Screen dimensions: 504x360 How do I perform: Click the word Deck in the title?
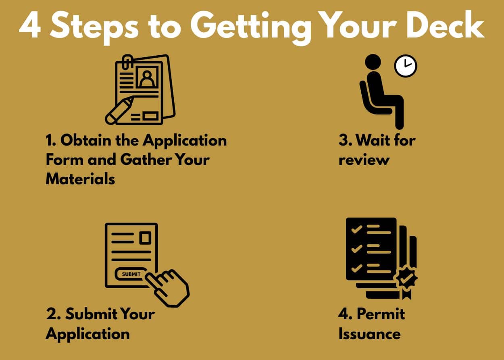tap(446, 24)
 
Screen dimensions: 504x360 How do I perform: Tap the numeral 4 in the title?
tap(30, 25)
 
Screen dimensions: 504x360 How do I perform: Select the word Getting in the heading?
tap(251, 27)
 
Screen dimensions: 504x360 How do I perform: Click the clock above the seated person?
tap(406, 66)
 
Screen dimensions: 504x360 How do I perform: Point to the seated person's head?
tap(373, 62)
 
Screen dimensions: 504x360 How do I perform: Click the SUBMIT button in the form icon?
tap(131, 274)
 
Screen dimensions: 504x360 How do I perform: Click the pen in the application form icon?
tap(119, 110)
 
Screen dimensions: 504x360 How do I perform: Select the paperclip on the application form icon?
tap(127, 61)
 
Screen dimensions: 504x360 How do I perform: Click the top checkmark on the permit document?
tap(356, 230)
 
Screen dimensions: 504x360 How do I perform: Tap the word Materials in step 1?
tap(80, 179)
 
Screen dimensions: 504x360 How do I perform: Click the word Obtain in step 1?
tap(86, 140)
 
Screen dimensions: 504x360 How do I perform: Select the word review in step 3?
tap(364, 160)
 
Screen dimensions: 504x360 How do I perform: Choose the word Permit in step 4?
tap(381, 314)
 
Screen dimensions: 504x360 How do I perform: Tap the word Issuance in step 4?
tap(369, 333)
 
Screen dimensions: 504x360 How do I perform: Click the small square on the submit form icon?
tap(145, 238)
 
